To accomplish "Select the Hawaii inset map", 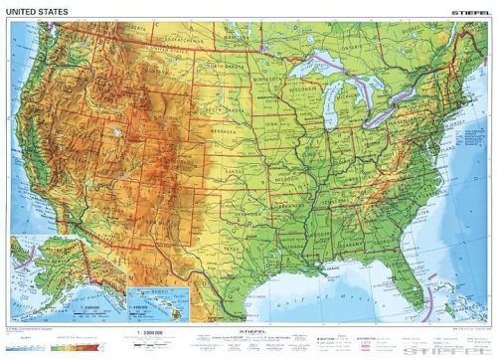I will [152, 301].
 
